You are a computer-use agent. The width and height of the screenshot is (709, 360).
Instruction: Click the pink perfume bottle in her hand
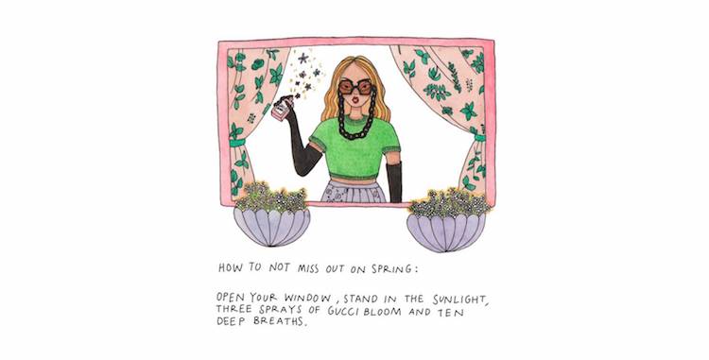(281, 110)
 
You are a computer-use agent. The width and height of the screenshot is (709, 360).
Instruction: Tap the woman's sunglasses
(355, 86)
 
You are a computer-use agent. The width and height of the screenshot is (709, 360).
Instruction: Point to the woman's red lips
(355, 99)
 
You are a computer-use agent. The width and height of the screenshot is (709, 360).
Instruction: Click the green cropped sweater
(354, 147)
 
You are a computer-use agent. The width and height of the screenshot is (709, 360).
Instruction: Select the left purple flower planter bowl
(271, 226)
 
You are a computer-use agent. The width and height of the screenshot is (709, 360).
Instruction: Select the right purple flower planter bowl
(446, 231)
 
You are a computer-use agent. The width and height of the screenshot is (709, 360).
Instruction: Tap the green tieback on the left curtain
(237, 143)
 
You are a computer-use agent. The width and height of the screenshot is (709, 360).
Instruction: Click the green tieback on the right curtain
(479, 137)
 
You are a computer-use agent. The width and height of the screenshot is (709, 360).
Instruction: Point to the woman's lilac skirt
(354, 191)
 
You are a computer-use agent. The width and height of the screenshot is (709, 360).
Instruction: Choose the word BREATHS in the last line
(280, 321)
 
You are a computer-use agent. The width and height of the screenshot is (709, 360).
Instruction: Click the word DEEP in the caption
(232, 321)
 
